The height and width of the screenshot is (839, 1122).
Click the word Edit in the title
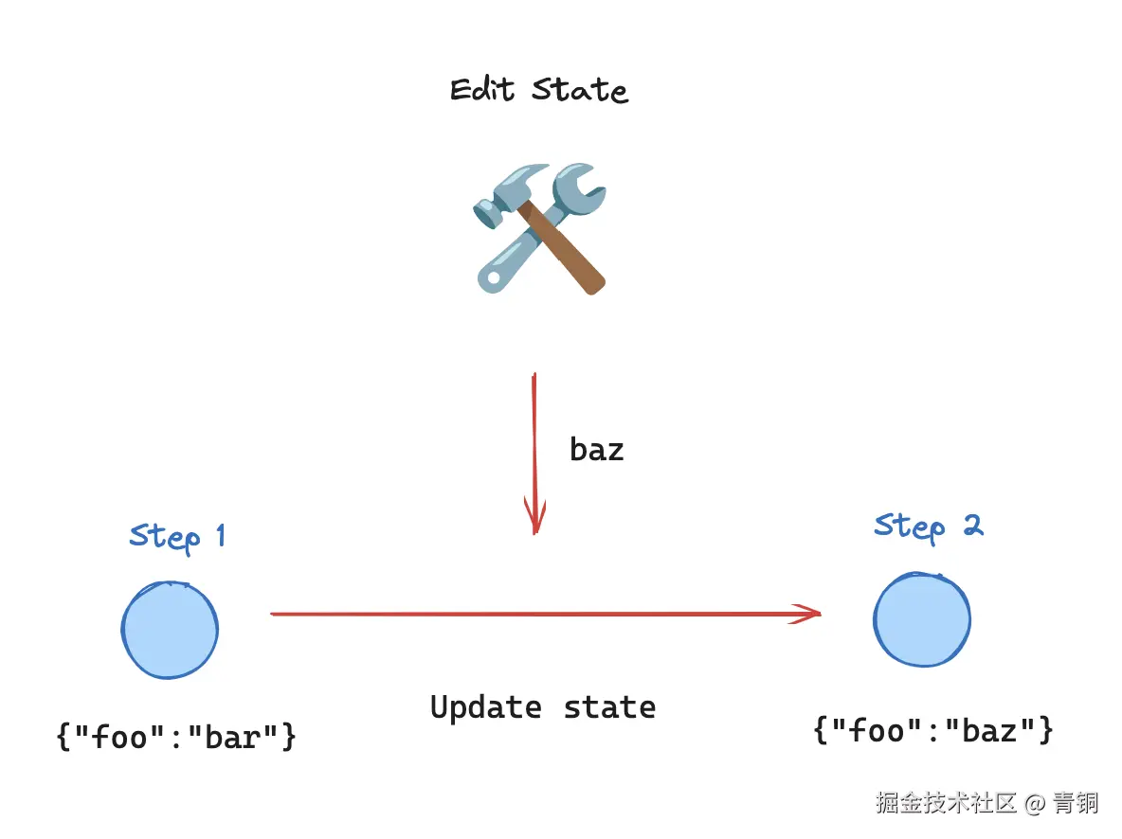(x=482, y=90)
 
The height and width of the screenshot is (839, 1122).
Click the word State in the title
(x=580, y=90)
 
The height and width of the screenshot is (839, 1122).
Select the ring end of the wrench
(x=492, y=276)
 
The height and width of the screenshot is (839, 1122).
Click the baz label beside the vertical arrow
(x=597, y=449)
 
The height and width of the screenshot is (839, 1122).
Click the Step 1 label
(x=177, y=537)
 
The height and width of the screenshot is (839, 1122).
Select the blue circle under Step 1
(x=171, y=630)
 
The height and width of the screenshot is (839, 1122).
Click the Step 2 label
(x=928, y=527)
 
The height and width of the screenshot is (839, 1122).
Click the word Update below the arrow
(x=486, y=707)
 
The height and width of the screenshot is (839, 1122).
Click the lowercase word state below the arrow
(x=609, y=707)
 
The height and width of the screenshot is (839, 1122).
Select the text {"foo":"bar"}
(x=177, y=736)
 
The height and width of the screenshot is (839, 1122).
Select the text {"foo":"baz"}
(x=933, y=730)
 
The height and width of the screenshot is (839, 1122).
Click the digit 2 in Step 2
(x=971, y=525)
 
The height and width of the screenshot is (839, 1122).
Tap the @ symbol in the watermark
(x=1035, y=804)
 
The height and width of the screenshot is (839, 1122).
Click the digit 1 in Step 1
(x=220, y=536)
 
